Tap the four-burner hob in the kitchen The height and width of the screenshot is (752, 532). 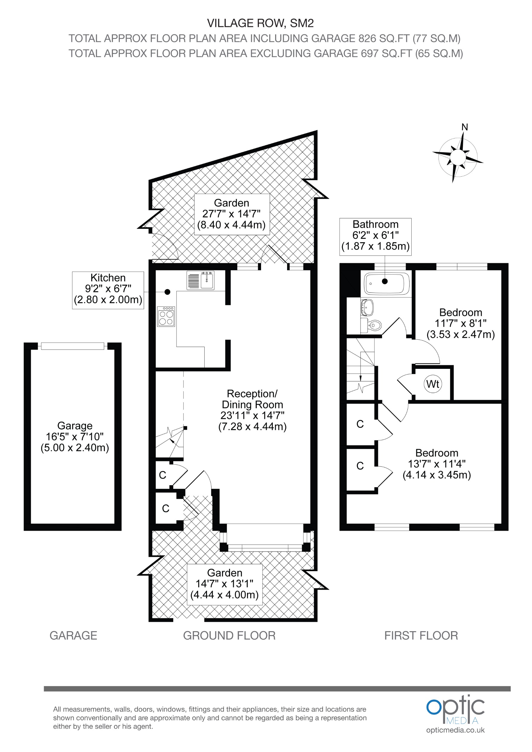166,317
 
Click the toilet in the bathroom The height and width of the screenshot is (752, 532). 373,325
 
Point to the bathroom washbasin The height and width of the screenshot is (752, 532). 367,306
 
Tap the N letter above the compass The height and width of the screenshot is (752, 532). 464,127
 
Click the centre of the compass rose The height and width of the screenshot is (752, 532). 457,158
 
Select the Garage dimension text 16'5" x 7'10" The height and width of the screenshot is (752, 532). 75,437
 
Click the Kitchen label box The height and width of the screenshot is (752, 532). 108,289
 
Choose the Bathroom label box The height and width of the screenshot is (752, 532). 375,235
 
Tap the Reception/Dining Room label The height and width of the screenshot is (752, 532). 252,410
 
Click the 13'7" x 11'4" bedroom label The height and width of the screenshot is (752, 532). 437,464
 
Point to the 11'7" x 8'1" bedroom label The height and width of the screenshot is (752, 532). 460,323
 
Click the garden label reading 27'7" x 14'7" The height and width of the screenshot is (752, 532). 231,214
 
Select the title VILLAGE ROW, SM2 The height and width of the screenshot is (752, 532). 260,23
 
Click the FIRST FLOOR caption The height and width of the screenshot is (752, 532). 421,636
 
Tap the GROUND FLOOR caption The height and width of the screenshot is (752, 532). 229,636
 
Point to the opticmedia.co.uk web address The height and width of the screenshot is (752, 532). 455,730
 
